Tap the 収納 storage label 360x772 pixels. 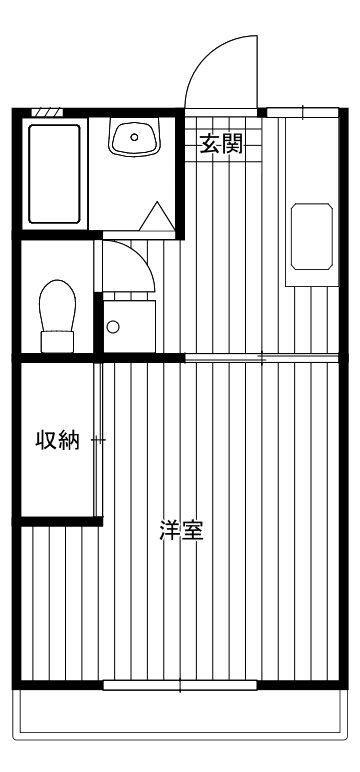pyautogui.click(x=57, y=440)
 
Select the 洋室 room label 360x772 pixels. pyautogui.click(x=182, y=530)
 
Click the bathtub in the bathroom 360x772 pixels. pyautogui.click(x=55, y=173)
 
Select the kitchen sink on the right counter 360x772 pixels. pyautogui.click(x=311, y=236)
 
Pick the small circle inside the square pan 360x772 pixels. pyautogui.click(x=112, y=326)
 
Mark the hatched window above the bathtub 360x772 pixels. pyautogui.click(x=47, y=112)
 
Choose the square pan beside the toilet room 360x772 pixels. pyautogui.click(x=127, y=325)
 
